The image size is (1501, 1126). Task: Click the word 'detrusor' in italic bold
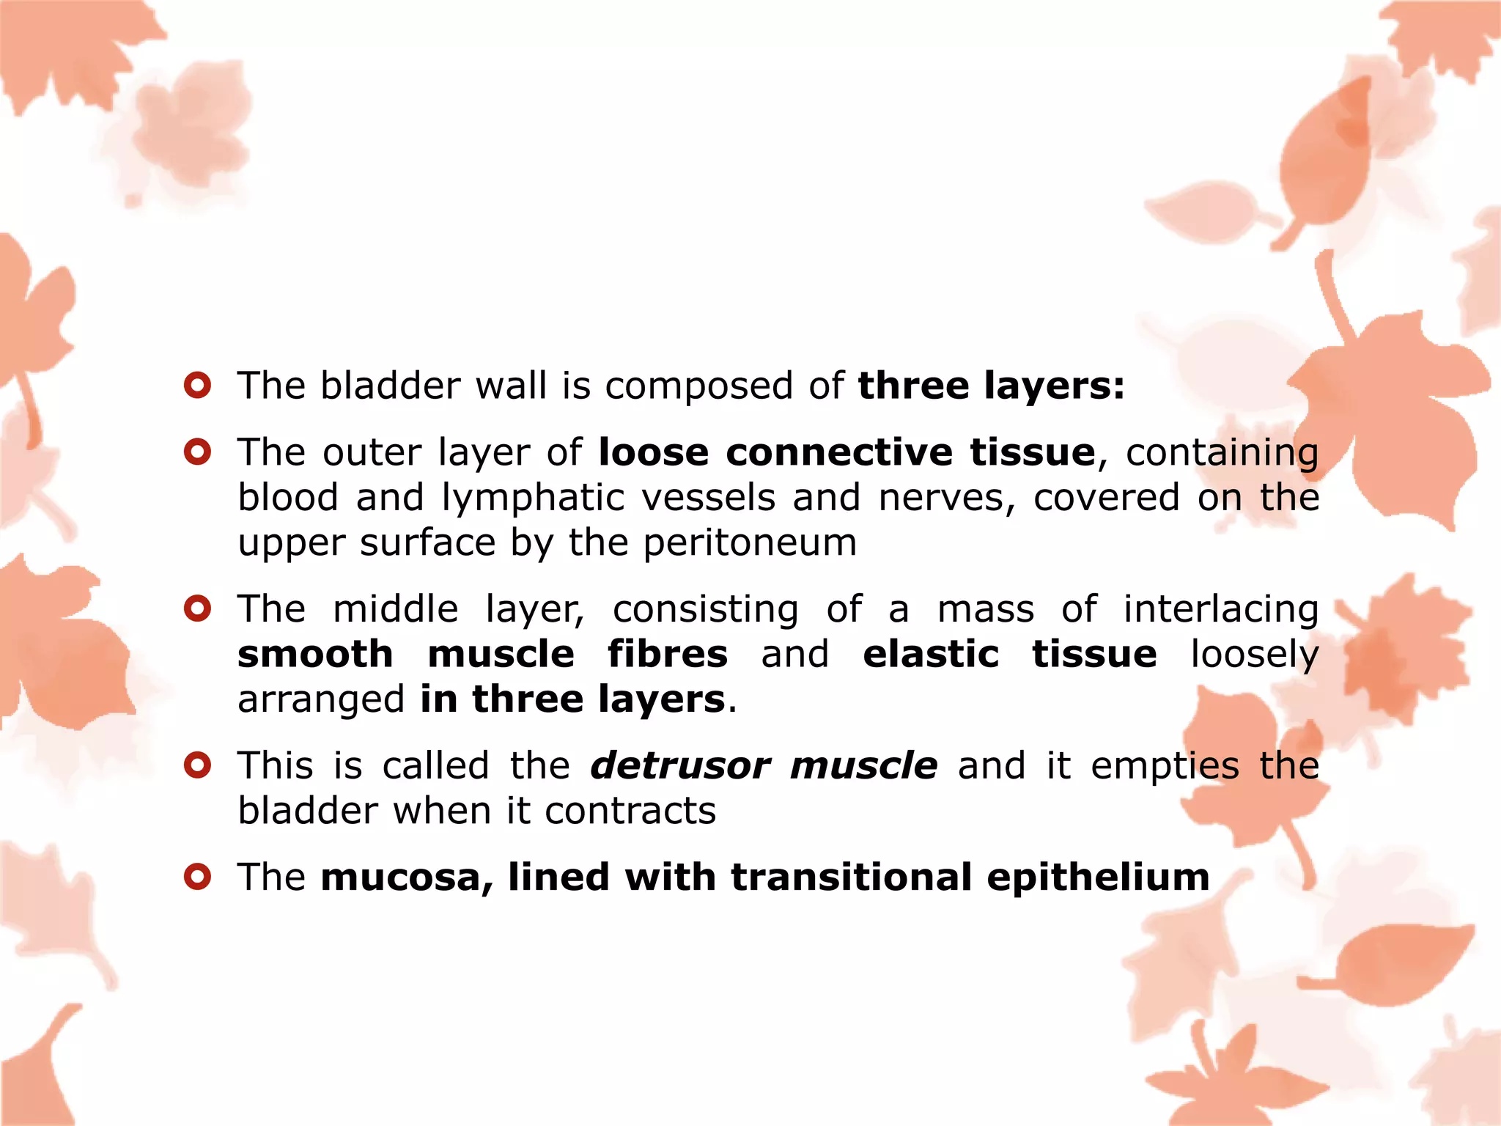(680, 766)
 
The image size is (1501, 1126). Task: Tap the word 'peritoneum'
(750, 543)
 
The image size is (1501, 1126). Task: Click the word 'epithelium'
(1098, 877)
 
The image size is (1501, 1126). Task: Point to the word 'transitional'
(851, 877)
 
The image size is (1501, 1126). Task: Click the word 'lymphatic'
(533, 498)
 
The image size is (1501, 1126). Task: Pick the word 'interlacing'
(1221, 610)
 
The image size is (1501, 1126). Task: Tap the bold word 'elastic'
(931, 654)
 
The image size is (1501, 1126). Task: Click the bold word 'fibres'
(668, 654)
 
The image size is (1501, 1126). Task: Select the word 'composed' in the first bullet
(698, 386)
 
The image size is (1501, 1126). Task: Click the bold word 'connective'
(839, 452)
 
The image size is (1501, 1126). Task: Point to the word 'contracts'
(630, 812)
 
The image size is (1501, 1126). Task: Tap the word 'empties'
(1165, 766)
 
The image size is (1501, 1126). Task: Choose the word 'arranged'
(320, 700)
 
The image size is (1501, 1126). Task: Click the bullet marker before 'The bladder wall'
(198, 385)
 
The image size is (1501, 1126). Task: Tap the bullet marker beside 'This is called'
(198, 765)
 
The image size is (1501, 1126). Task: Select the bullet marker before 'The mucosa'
(198, 876)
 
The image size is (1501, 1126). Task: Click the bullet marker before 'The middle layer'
(198, 608)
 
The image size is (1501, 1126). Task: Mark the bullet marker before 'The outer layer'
(198, 452)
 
